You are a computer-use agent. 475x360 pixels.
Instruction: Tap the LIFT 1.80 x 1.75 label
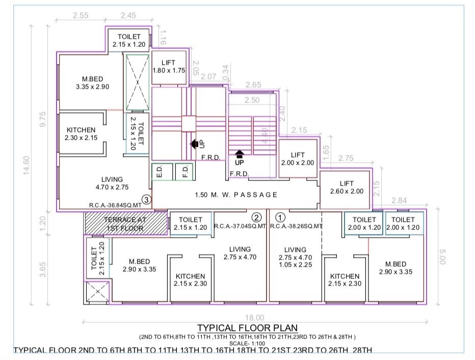coord(168,67)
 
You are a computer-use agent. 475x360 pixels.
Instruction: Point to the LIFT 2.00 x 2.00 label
coord(298,159)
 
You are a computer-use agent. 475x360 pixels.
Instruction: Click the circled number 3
coord(146,199)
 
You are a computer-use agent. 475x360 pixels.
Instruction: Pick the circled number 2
coord(256,216)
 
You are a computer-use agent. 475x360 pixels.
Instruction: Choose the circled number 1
coord(277,216)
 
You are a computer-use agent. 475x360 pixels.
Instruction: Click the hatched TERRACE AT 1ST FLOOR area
coord(126,224)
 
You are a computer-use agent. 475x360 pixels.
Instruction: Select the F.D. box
coord(184,171)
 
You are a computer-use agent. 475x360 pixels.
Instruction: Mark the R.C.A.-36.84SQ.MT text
coord(114,205)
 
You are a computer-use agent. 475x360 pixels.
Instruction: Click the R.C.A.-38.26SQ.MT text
coord(296,226)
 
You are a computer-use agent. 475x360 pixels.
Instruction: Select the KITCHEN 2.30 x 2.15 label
coord(81,134)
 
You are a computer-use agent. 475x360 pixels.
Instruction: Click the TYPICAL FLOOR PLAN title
coord(248,327)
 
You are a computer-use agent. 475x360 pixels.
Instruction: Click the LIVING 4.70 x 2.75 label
coord(112,183)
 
